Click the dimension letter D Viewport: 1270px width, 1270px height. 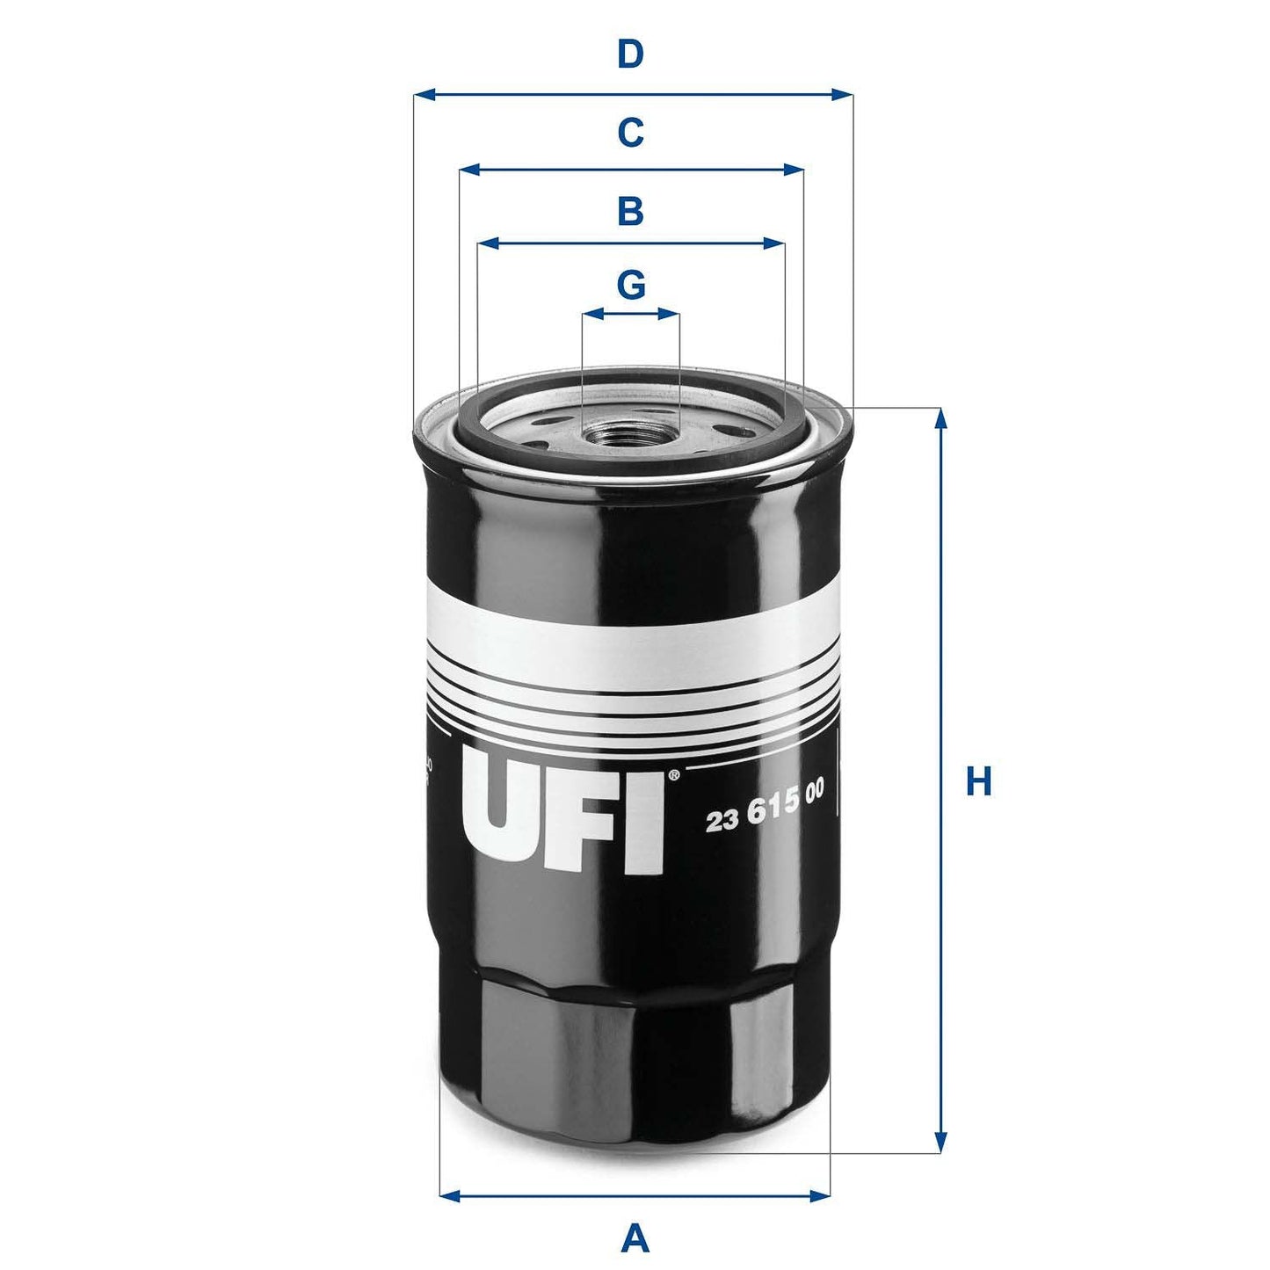pyautogui.click(x=630, y=54)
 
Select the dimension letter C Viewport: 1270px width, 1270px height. pyautogui.click(x=630, y=133)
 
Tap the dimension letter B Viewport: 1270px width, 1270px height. pyautogui.click(x=630, y=212)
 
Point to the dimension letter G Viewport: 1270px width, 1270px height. pyautogui.click(x=630, y=285)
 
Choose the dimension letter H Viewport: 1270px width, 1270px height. pyautogui.click(x=977, y=781)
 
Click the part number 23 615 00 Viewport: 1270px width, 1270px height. pyautogui.click(x=765, y=818)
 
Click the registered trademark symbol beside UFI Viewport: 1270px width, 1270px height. pyautogui.click(x=673, y=775)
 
